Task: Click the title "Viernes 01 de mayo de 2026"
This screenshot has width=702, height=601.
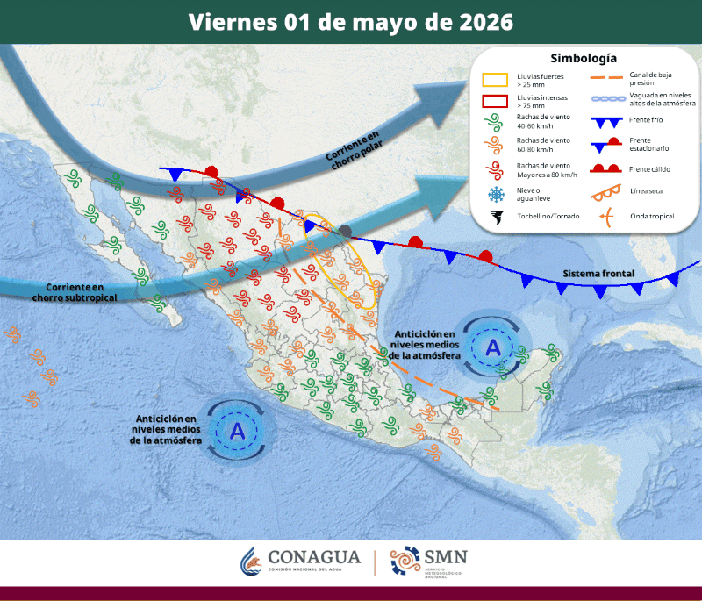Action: (x=351, y=21)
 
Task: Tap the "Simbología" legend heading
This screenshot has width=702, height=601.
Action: (x=583, y=59)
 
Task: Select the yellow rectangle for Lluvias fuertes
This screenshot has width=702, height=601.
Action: (x=496, y=80)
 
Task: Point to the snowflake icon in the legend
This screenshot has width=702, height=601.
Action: (x=496, y=193)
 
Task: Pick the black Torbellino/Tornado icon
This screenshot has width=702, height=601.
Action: (x=496, y=216)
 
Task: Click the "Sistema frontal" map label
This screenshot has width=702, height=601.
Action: (x=598, y=275)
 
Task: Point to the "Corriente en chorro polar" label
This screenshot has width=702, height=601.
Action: (x=354, y=147)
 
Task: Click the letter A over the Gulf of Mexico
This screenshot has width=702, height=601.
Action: (x=493, y=348)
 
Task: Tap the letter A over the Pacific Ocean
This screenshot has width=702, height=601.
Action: (x=237, y=430)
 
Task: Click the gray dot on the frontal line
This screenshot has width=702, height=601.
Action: (x=347, y=231)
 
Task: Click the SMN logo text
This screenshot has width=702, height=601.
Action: (x=445, y=556)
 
